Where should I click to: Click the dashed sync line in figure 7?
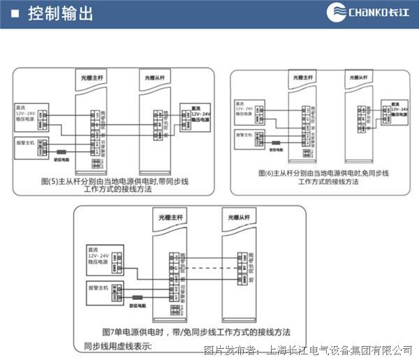tap(209, 269)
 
